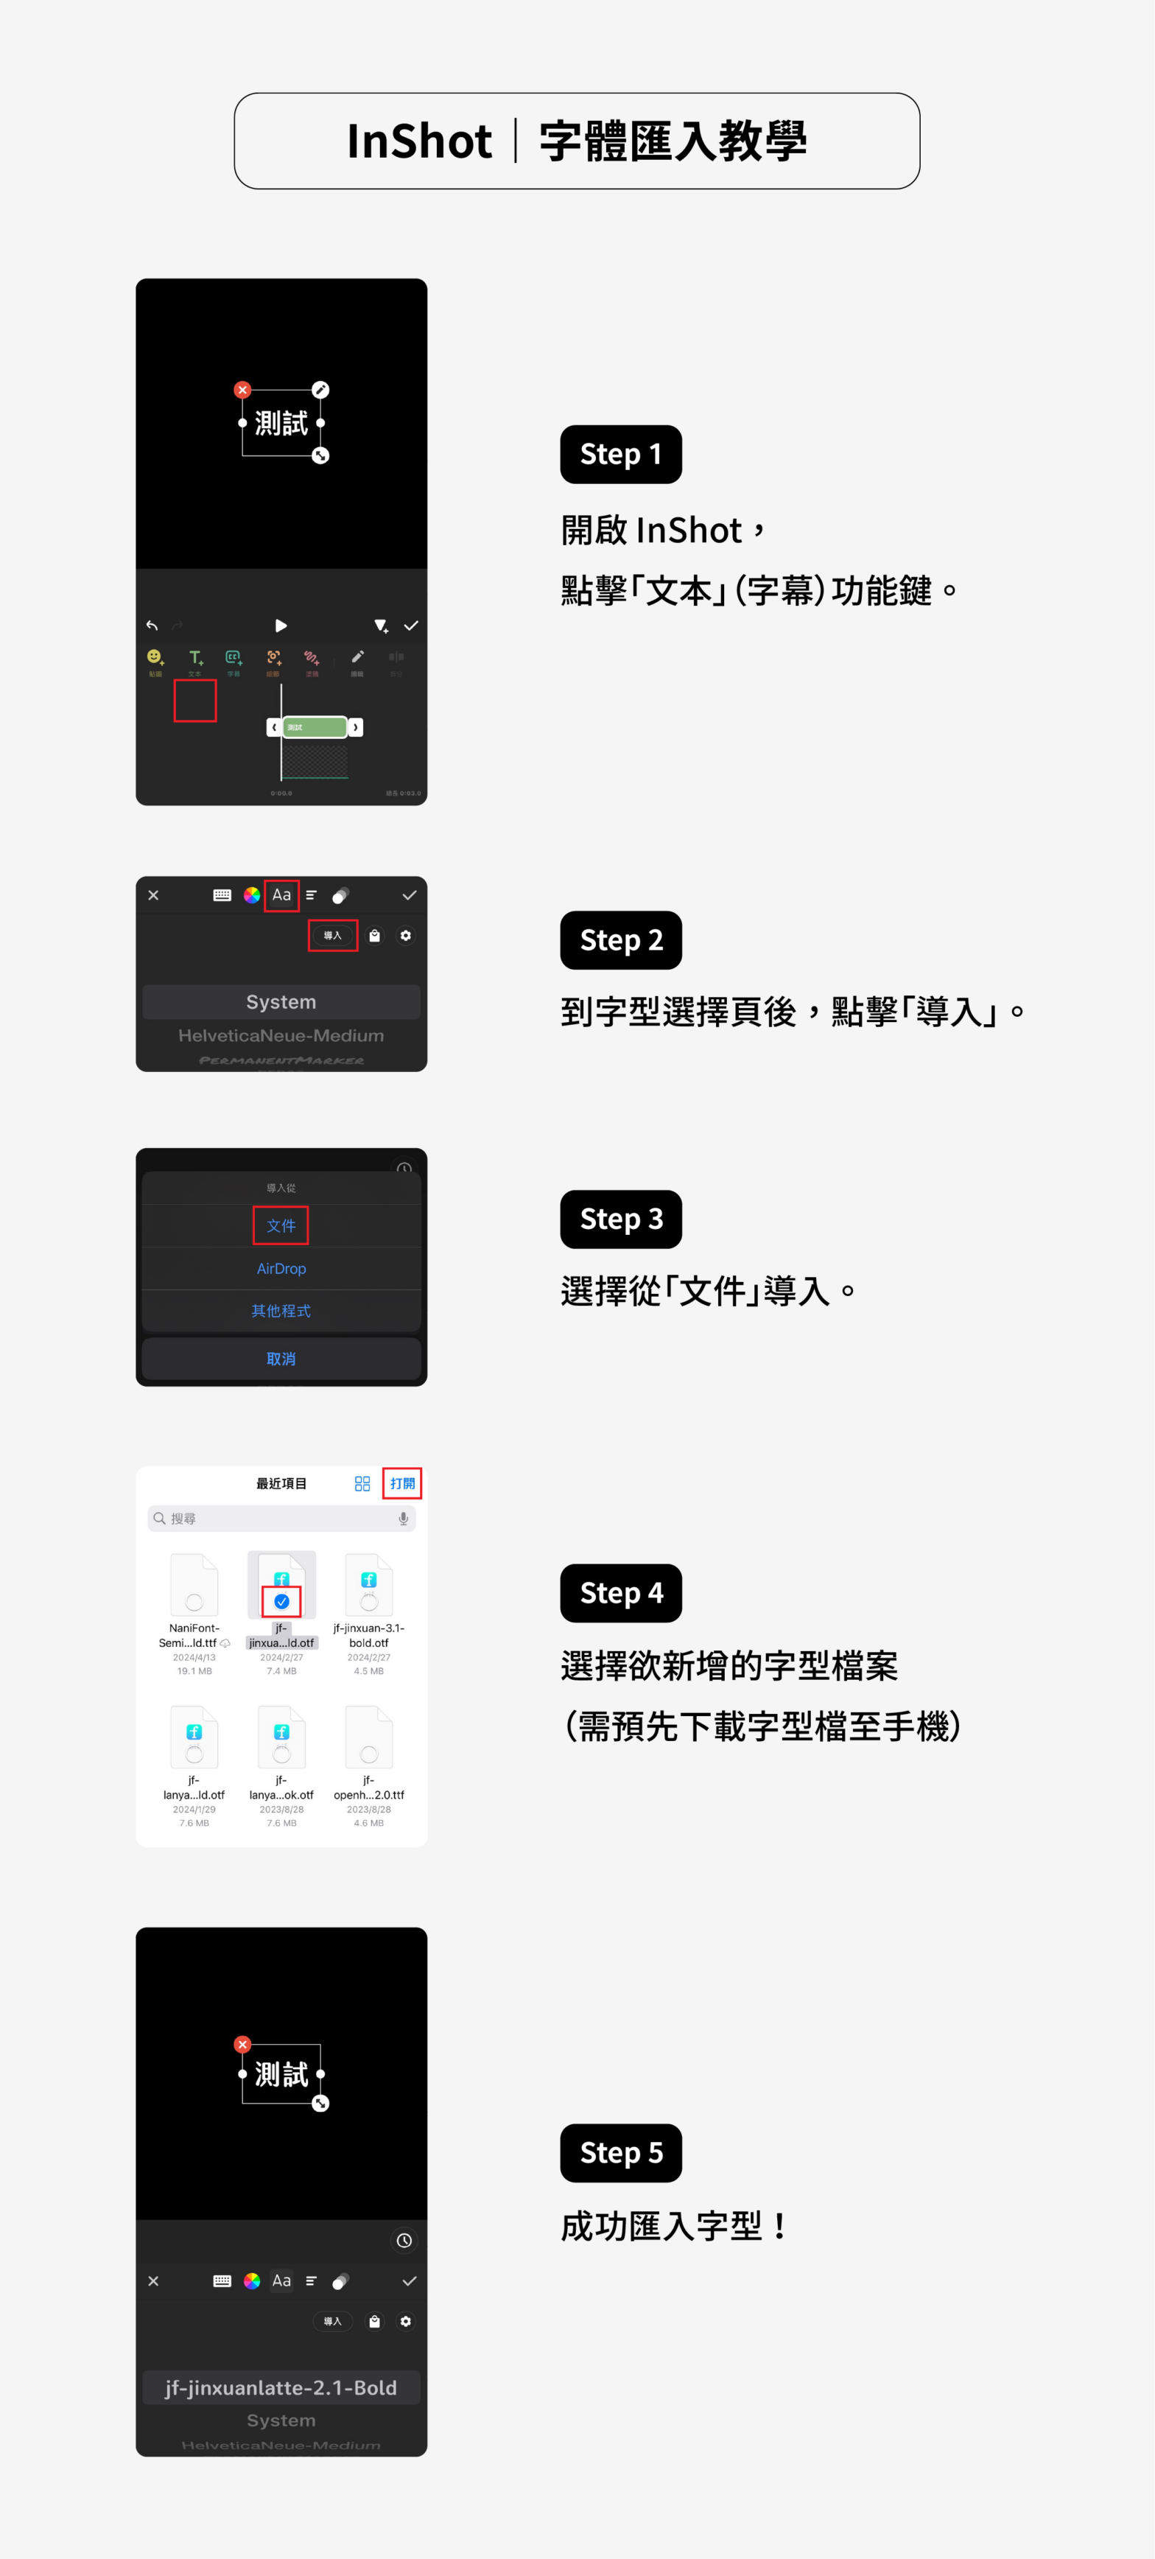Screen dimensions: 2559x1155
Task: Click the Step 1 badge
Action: (621, 454)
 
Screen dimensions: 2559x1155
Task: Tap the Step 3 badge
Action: (621, 1219)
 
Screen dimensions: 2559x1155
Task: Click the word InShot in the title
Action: (419, 141)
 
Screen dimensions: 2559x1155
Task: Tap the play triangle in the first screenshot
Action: (281, 626)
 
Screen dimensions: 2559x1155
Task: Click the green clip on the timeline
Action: (315, 727)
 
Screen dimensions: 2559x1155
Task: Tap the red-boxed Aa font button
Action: (282, 895)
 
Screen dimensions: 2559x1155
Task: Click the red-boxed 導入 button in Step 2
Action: (333, 936)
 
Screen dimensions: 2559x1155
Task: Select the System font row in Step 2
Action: (281, 1002)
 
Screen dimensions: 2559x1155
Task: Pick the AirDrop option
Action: (281, 1269)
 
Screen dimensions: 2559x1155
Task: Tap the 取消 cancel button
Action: (281, 1359)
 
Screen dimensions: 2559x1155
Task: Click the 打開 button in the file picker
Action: (402, 1483)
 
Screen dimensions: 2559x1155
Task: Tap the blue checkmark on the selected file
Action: (282, 1601)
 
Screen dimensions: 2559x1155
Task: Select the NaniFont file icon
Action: (194, 1584)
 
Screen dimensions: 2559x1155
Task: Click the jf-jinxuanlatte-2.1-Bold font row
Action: (281, 2388)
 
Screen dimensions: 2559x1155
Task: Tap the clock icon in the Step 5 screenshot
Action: (404, 2240)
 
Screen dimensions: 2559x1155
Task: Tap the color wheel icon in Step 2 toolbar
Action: (252, 895)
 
